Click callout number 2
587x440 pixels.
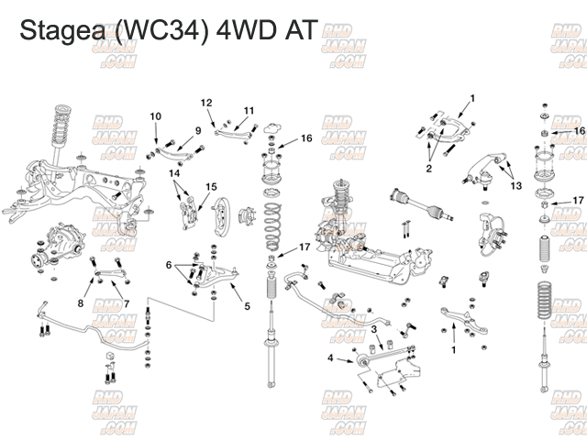click(427, 168)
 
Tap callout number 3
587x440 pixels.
click(373, 329)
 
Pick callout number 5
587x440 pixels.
click(247, 305)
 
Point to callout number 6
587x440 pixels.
click(169, 264)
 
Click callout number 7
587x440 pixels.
click(126, 303)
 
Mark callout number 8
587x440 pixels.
click(81, 303)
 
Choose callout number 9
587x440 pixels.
click(197, 130)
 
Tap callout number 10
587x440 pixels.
click(156, 115)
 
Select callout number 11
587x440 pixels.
click(249, 111)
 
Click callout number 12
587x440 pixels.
click(206, 102)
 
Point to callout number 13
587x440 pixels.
click(516, 185)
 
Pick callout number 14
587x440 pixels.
click(174, 172)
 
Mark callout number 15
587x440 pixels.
click(211, 187)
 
